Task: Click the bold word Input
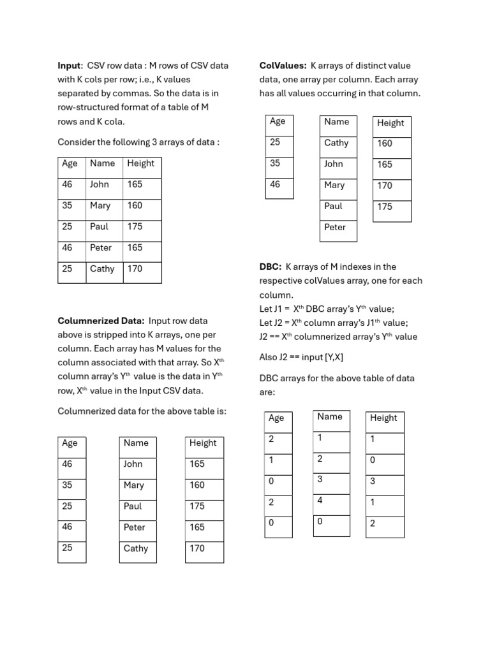tap(69, 66)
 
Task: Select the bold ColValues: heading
tap(283, 66)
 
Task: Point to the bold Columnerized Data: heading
tap(101, 321)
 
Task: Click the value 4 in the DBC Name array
tap(320, 501)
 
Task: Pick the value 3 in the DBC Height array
tap(373, 481)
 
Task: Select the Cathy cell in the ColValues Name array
tap(336, 143)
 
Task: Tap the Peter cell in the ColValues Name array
tap(335, 227)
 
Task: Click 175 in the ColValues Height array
tap(385, 207)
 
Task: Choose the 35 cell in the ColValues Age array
tap(275, 163)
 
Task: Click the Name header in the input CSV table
tap(102, 163)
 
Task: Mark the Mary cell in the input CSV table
tap(100, 205)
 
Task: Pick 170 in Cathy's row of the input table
tap(135, 268)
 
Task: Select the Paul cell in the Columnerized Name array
tap(133, 506)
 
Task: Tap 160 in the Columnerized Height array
tap(197, 485)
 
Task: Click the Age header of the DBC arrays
tap(276, 418)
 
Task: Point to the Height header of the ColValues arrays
tap(390, 123)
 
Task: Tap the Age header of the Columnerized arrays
tap(70, 443)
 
